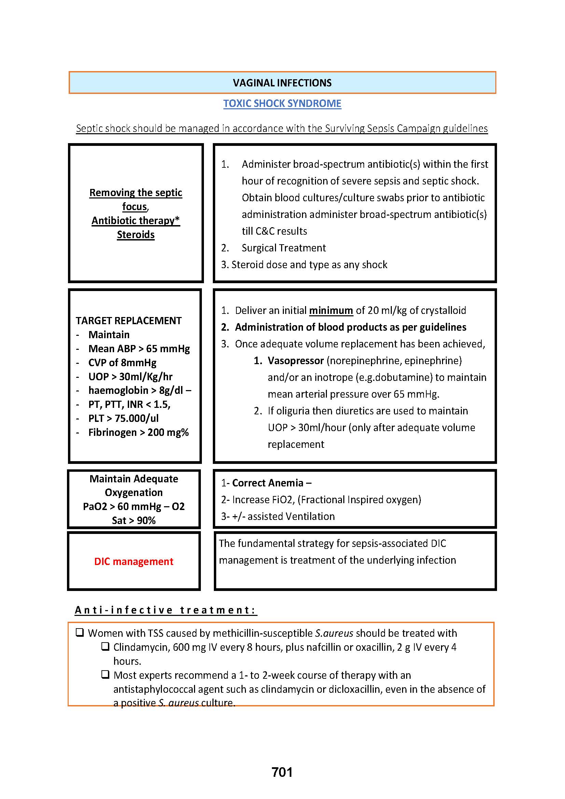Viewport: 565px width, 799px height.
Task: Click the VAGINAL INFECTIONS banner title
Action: [282, 83]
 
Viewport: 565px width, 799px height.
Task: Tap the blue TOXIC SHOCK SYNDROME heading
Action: [282, 104]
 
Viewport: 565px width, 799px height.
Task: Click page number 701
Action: [282, 772]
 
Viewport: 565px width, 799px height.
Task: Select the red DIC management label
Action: [134, 561]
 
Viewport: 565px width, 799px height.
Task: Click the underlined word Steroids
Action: [136, 235]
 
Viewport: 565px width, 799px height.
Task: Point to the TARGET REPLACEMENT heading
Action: [129, 320]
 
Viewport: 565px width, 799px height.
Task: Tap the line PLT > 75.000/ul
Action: [124, 418]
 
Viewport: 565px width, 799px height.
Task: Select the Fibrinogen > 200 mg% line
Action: [138, 432]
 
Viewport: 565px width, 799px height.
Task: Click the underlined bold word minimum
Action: [331, 310]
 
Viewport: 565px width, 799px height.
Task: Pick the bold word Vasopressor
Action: [296, 360]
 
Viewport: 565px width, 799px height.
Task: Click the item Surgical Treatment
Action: [284, 248]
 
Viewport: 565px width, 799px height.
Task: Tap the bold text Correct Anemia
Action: [267, 483]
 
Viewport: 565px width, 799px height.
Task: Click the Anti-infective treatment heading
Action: [166, 610]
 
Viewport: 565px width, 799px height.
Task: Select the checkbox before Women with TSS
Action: [80, 632]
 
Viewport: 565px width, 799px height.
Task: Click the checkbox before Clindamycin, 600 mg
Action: [106, 646]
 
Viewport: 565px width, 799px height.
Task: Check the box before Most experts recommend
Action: [106, 674]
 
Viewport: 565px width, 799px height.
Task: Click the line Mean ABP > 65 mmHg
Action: [139, 349]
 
